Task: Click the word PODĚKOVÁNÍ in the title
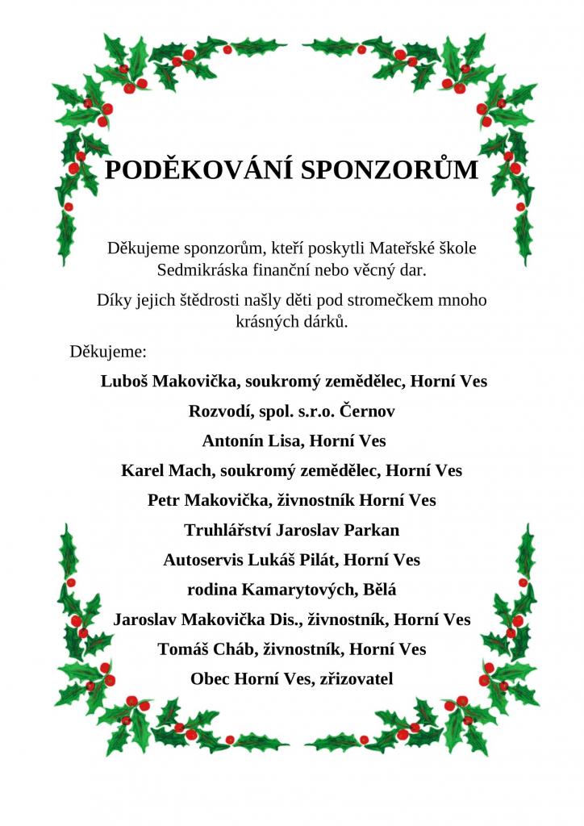(x=199, y=170)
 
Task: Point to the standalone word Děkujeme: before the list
(x=108, y=352)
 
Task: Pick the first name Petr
(x=164, y=500)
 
